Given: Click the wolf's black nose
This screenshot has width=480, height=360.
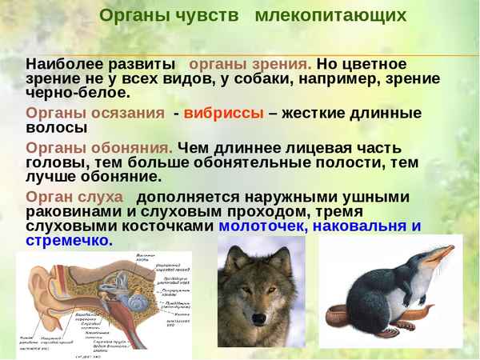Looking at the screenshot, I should [x=258, y=318].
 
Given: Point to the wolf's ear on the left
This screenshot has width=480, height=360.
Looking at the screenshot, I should [x=233, y=260].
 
